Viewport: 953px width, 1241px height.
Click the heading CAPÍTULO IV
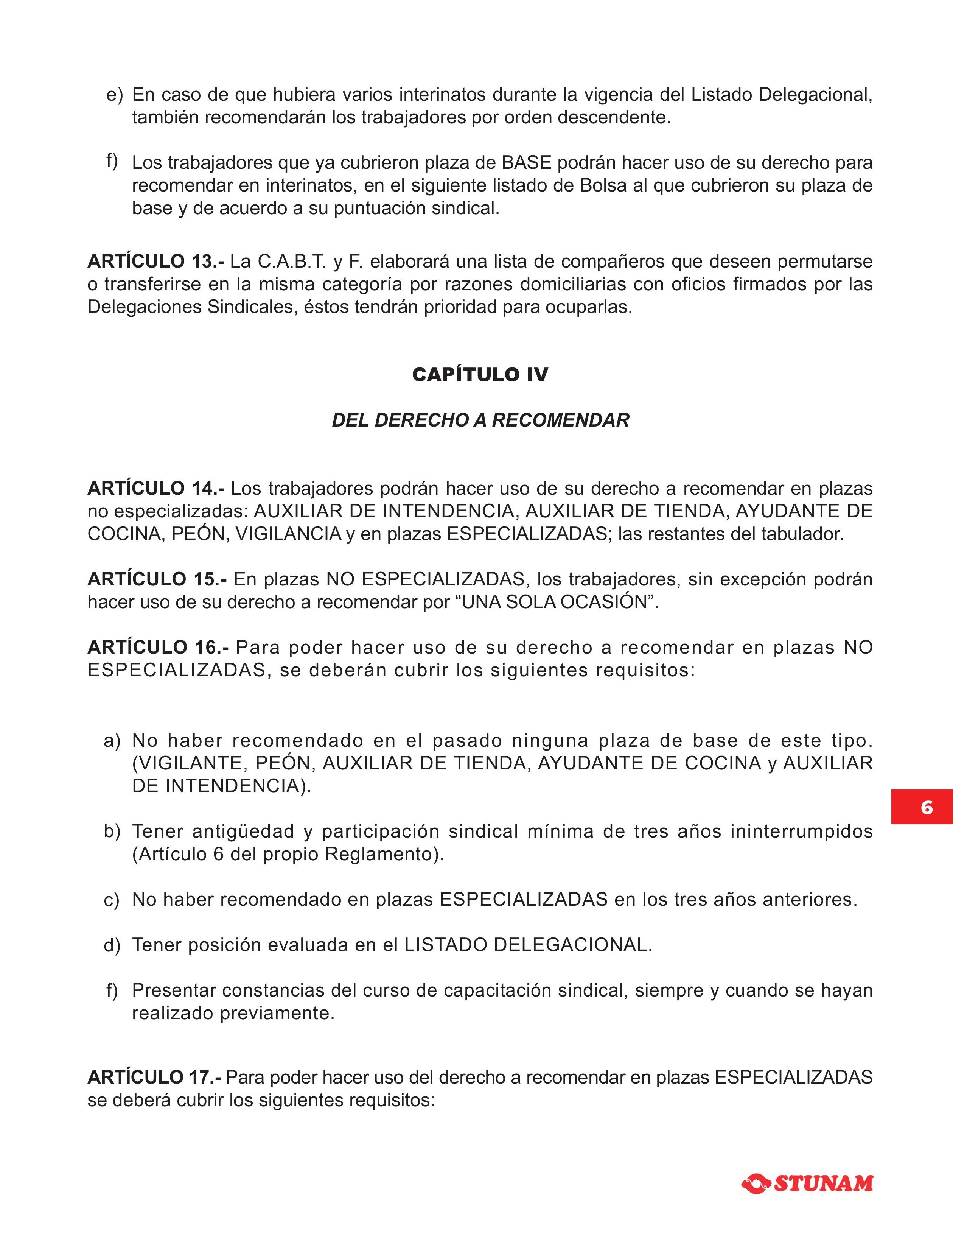(480, 375)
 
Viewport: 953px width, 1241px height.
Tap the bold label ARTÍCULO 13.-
(156, 262)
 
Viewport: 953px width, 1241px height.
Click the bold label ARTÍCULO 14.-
(156, 489)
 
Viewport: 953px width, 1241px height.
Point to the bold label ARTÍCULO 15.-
(157, 579)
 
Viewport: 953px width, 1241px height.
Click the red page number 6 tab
(927, 807)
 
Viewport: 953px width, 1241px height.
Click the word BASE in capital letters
(526, 163)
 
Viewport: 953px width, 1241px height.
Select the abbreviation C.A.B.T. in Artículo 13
(292, 262)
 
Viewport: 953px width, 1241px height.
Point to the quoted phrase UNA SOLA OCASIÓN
(555, 602)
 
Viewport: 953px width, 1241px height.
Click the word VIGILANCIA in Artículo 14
(288, 534)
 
